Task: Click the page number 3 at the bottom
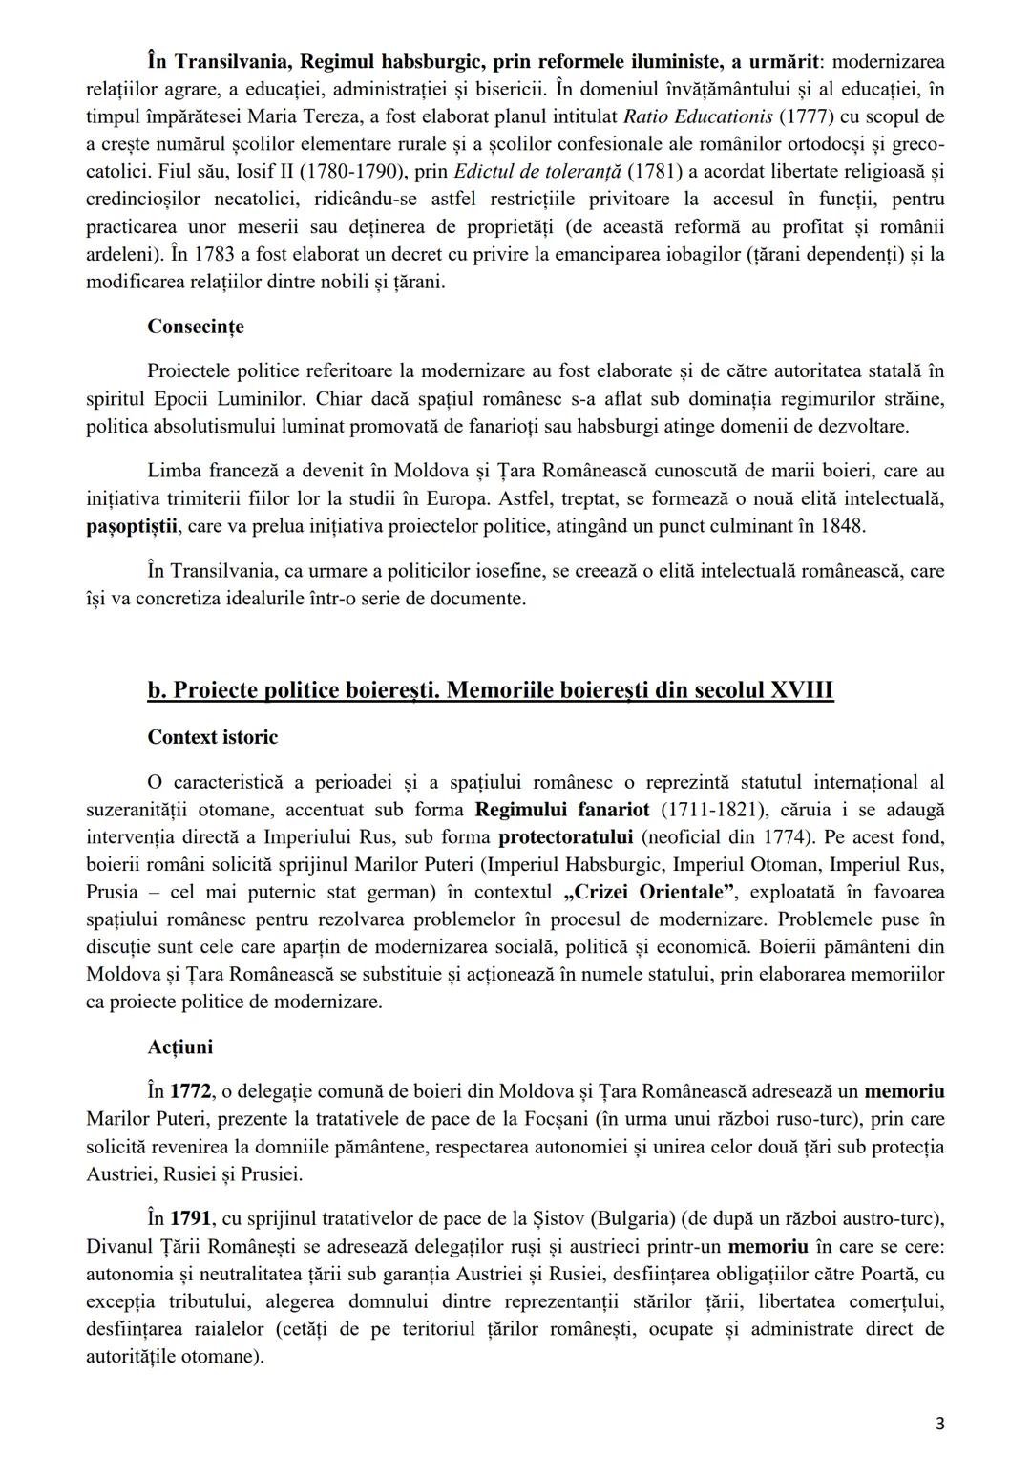940,1424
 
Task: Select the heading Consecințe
196,327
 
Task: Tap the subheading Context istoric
212,737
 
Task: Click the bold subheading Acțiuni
180,1046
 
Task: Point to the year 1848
840,526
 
